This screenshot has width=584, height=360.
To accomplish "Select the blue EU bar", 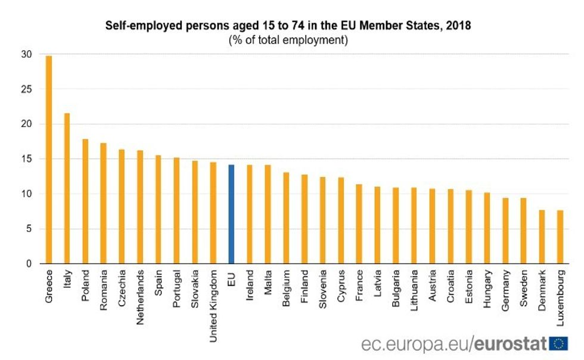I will tap(231, 214).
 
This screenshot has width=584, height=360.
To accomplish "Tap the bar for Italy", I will tap(67, 188).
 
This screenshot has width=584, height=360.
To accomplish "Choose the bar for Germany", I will tap(505, 231).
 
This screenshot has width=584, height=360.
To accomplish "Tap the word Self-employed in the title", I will tap(137, 26).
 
